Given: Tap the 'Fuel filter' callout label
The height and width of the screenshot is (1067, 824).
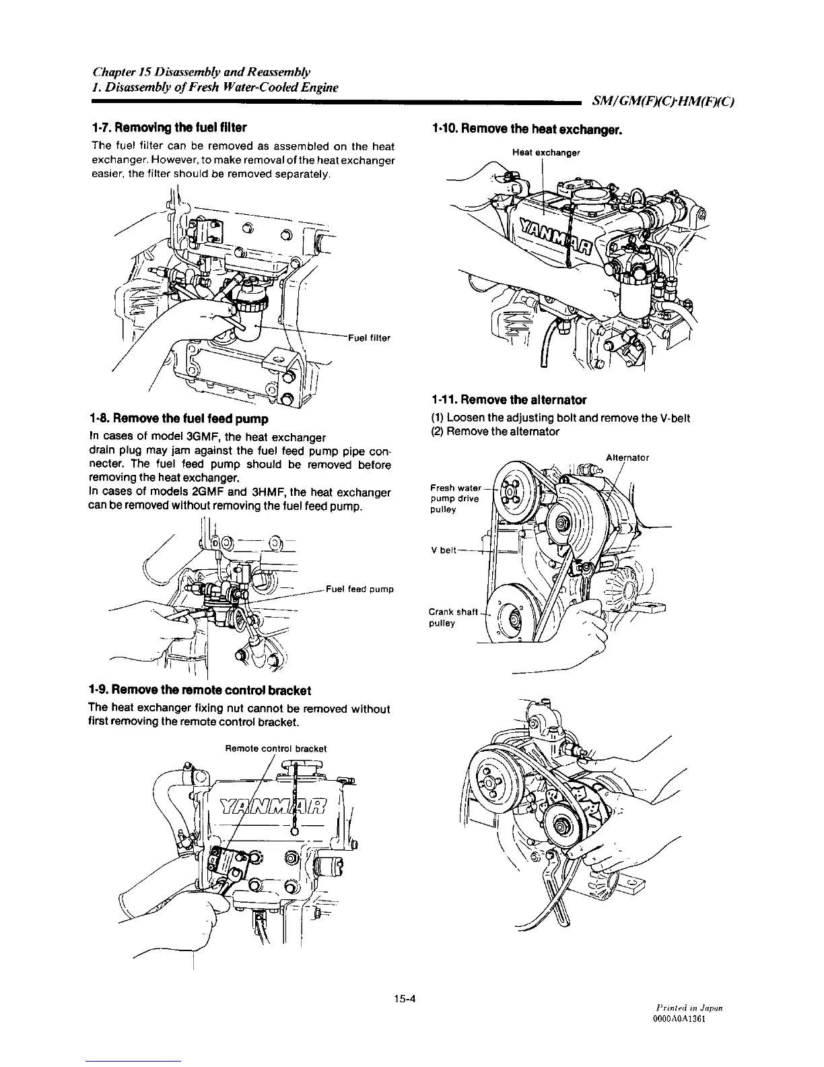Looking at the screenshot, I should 369,337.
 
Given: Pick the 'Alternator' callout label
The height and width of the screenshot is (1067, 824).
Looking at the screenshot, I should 627,457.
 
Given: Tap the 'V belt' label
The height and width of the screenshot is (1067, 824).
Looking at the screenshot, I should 442,550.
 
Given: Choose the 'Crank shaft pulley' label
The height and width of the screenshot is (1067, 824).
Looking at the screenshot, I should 452,617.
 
